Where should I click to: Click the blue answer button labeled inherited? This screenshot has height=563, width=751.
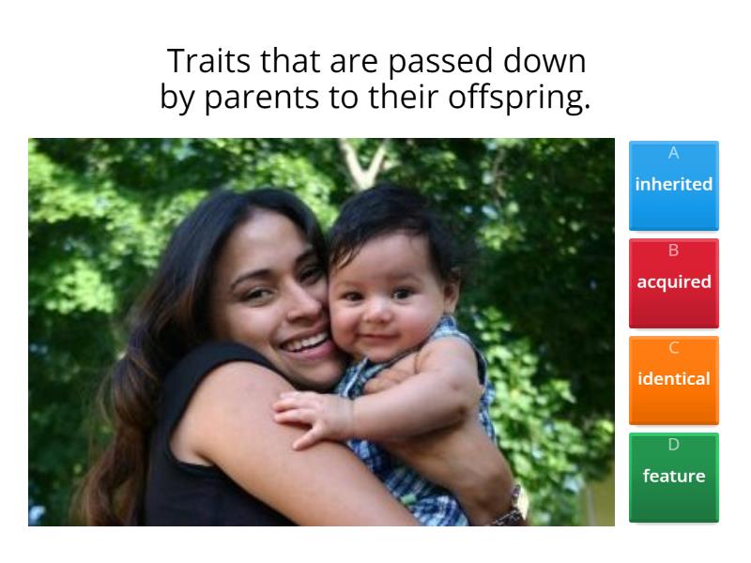[673, 186]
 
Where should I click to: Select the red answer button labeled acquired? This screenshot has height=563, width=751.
[673, 282]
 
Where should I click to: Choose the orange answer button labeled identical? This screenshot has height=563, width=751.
[673, 380]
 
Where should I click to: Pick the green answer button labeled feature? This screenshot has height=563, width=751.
[673, 477]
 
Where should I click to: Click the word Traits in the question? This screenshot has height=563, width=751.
[199, 62]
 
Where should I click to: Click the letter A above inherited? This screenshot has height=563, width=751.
[673, 152]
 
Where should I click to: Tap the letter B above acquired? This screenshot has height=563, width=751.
[673, 250]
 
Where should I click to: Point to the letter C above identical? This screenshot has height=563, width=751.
[673, 347]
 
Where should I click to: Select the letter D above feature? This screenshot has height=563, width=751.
[673, 444]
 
